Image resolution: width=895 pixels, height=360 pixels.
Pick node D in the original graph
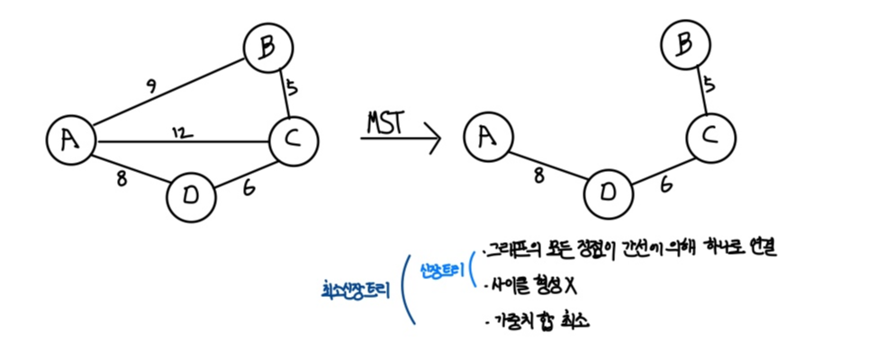click(x=192, y=196)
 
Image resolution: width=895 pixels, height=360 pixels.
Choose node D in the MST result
click(x=609, y=192)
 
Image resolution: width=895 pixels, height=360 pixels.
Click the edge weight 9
click(x=151, y=88)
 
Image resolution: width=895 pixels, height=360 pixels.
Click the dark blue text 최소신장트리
click(x=358, y=290)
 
